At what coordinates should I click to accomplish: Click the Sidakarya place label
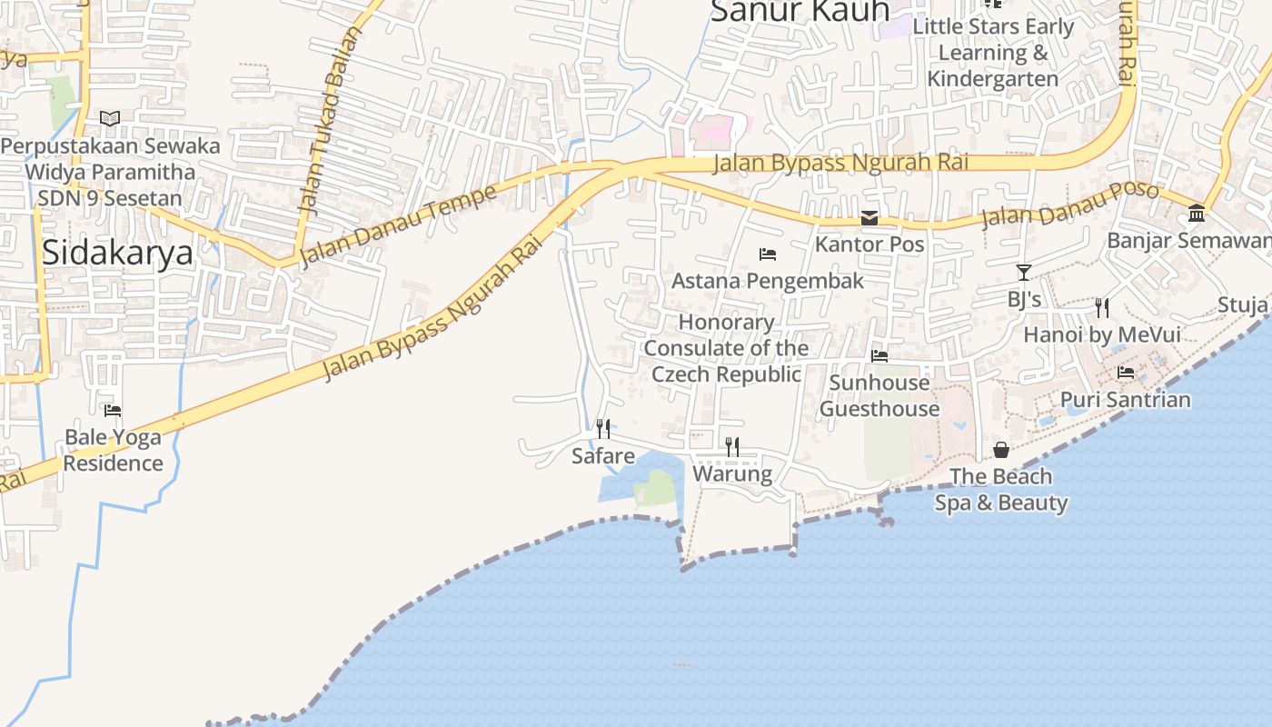click(x=117, y=252)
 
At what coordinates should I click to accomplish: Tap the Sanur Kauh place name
click(x=800, y=11)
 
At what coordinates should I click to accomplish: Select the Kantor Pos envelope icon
click(x=870, y=218)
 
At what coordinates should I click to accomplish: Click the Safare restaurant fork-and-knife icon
click(x=603, y=428)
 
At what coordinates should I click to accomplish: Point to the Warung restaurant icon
click(x=732, y=446)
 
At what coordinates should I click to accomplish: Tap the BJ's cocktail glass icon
click(x=1024, y=273)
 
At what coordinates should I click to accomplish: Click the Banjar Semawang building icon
click(x=1197, y=214)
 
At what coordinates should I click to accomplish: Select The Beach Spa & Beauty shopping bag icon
click(x=1000, y=450)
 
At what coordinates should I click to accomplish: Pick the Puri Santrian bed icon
click(x=1126, y=373)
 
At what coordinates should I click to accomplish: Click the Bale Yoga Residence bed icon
click(x=113, y=411)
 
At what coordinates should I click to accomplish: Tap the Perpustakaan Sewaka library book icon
click(x=110, y=118)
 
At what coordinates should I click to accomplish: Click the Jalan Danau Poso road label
click(x=1070, y=205)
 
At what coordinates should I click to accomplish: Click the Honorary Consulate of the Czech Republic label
click(x=727, y=348)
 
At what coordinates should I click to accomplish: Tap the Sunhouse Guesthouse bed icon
click(x=879, y=356)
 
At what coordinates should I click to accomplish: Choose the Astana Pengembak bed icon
click(x=768, y=254)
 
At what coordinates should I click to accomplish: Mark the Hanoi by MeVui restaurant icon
click(x=1102, y=307)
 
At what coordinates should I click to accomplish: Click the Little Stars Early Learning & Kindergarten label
click(x=993, y=53)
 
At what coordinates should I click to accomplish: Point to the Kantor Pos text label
click(x=870, y=244)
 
